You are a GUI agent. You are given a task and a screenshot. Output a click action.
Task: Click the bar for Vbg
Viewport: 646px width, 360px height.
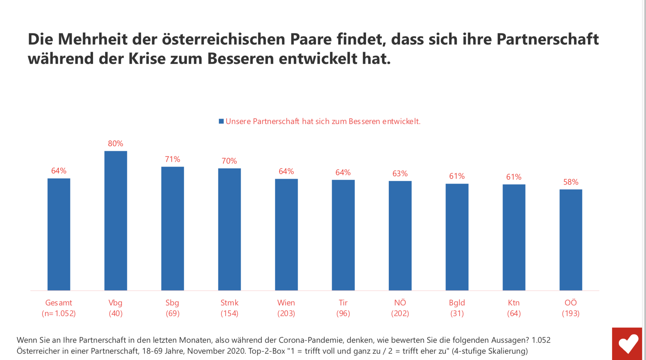pyautogui.click(x=116, y=220)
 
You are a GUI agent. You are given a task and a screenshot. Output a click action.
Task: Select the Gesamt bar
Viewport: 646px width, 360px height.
pyautogui.click(x=59, y=234)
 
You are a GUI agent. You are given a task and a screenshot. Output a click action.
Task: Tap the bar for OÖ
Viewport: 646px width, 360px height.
pyautogui.click(x=571, y=240)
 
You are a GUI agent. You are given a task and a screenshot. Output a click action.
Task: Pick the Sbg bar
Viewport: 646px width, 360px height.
pyautogui.click(x=172, y=228)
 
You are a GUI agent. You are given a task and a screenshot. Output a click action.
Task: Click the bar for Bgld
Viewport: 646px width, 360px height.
pyautogui.click(x=457, y=237)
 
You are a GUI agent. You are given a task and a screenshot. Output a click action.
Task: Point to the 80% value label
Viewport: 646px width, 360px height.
pyautogui.click(x=115, y=143)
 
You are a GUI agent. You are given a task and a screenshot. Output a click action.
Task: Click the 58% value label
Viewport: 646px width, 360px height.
pyautogui.click(x=571, y=182)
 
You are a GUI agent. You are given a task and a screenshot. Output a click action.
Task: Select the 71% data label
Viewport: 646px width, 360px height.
pyautogui.click(x=172, y=159)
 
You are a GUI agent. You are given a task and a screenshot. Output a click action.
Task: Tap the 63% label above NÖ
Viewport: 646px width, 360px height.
pyautogui.click(x=400, y=174)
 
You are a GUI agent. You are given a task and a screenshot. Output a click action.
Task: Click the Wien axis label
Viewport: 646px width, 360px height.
pyautogui.click(x=286, y=303)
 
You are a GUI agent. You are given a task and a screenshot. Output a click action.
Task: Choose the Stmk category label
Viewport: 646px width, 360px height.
pyautogui.click(x=229, y=303)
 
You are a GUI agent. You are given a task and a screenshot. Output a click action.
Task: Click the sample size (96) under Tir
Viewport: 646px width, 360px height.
pyautogui.click(x=343, y=313)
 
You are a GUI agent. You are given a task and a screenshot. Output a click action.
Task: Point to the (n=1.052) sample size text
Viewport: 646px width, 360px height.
pyautogui.click(x=59, y=313)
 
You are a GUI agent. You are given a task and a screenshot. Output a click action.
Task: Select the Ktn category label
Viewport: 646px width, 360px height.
pyautogui.click(x=514, y=303)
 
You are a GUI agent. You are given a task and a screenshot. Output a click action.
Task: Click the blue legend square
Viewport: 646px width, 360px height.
pyautogui.click(x=221, y=121)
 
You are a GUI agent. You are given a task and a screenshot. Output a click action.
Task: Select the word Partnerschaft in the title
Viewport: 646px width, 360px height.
pyautogui.click(x=547, y=39)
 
